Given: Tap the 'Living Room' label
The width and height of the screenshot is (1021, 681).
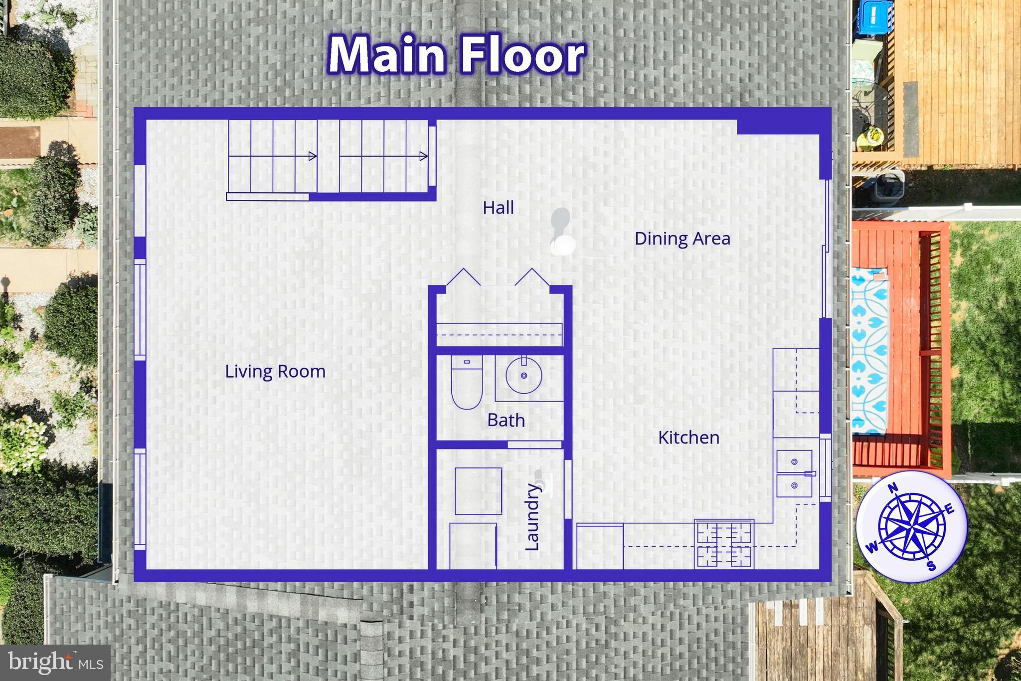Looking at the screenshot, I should pyautogui.click(x=275, y=372).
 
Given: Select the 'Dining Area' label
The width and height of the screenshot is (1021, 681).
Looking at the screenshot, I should pyautogui.click(x=682, y=238).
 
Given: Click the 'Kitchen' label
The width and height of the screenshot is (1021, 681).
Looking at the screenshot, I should pyautogui.click(x=688, y=438).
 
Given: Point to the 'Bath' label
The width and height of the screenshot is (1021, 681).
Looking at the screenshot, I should pyautogui.click(x=506, y=420).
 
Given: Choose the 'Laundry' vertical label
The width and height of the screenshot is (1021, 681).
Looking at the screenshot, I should pyautogui.click(x=532, y=516).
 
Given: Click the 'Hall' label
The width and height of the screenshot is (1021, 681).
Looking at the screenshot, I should pyautogui.click(x=498, y=208).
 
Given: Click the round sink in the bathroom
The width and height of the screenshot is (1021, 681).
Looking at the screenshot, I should pyautogui.click(x=523, y=375).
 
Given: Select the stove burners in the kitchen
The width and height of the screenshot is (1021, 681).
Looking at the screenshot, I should pyautogui.click(x=724, y=543).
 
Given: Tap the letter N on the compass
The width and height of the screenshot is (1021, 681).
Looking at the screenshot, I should pyautogui.click(x=893, y=487).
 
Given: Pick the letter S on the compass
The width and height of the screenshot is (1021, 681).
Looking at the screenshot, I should pyautogui.click(x=931, y=566).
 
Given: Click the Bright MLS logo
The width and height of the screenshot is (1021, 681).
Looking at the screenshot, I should pyautogui.click(x=55, y=663).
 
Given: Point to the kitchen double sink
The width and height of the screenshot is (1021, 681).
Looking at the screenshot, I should pyautogui.click(x=795, y=473).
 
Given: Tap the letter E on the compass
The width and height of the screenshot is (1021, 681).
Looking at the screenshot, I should pyautogui.click(x=949, y=509).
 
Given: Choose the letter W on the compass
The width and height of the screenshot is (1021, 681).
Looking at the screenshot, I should pyautogui.click(x=872, y=547).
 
